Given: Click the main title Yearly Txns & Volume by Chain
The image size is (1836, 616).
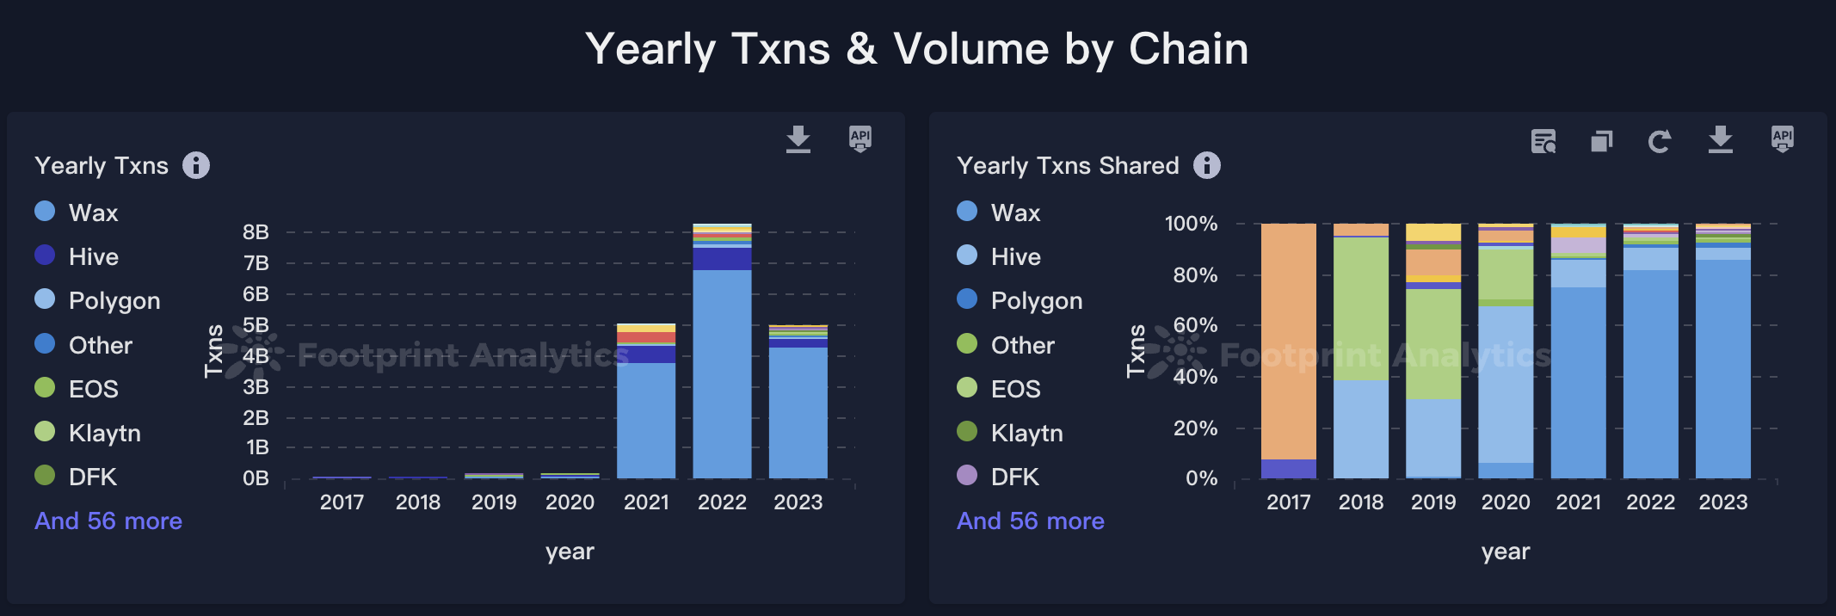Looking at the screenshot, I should (x=916, y=49).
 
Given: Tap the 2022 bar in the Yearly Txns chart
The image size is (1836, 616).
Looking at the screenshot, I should (x=722, y=361).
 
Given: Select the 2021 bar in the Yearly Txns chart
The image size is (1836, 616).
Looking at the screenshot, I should (x=646, y=404).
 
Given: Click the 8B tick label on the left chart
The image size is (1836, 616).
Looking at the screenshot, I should (x=256, y=232).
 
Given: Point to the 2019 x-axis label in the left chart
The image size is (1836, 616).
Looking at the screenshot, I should (x=494, y=502).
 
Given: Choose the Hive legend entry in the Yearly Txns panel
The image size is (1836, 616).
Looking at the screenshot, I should (x=93, y=256).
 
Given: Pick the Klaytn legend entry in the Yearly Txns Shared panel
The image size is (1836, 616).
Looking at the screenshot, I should (x=1026, y=433).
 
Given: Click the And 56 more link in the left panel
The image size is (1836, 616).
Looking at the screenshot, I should (x=108, y=521).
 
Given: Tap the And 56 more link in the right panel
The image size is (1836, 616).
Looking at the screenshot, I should (x=1031, y=521).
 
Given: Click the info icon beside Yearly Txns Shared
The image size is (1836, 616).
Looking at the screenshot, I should (x=1207, y=165).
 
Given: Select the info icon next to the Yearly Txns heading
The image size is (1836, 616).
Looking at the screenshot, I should (x=196, y=165).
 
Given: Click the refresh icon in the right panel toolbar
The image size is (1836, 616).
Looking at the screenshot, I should (x=1660, y=141).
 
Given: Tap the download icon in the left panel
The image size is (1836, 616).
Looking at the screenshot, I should (x=798, y=139).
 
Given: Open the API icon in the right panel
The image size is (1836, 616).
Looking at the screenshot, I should (x=1783, y=139).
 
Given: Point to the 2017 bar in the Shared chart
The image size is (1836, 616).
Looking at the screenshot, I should (x=1288, y=344).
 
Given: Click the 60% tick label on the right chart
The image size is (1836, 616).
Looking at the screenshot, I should (x=1195, y=326).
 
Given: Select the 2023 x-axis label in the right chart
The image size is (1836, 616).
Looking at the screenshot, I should (x=1722, y=502).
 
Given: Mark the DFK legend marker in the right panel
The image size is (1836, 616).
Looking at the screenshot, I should (x=967, y=476).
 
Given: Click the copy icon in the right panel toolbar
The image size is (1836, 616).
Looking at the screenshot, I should (x=1601, y=141).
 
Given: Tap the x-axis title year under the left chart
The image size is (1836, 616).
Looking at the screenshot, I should (x=570, y=552).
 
